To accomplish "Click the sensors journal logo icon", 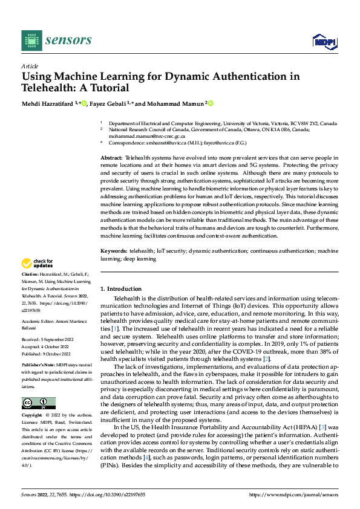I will (31, 41).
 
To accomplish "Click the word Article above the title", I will (30, 66).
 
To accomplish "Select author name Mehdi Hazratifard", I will (48, 104).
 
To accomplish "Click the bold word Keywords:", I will (113, 250).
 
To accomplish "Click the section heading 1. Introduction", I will (121, 289).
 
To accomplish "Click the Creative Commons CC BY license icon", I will (38, 403).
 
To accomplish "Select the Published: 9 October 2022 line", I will (45, 354).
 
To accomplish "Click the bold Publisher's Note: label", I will (38, 366).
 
